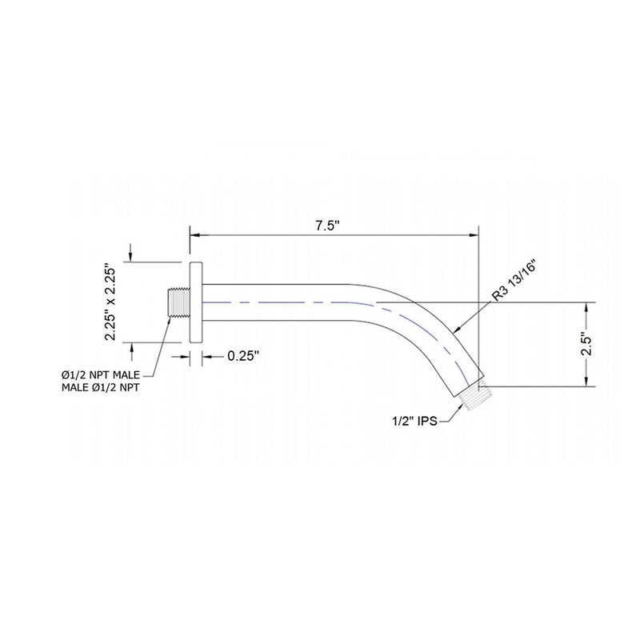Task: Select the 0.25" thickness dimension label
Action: coord(244,358)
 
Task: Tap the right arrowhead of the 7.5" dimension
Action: coord(473,235)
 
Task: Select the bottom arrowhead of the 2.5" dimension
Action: coord(588,383)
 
